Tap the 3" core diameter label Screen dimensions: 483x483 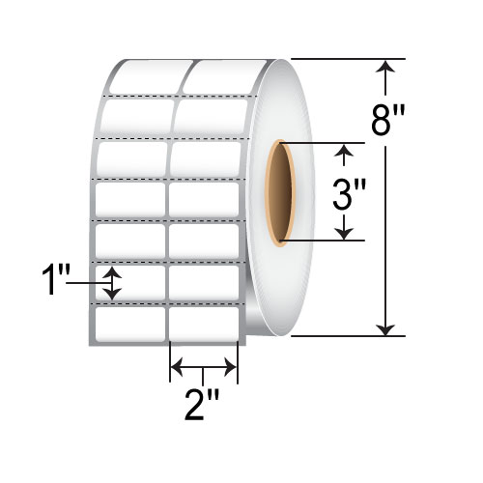click(346, 196)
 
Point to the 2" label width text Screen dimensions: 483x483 click(204, 399)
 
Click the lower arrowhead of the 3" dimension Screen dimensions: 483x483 click(345, 233)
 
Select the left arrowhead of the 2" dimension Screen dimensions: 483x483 click(176, 367)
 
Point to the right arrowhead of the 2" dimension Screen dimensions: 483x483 click(232, 367)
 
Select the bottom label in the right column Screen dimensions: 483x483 click(204, 321)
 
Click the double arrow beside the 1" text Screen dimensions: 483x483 click(113, 282)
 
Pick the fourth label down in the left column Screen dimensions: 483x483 click(131, 199)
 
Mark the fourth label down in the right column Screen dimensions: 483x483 click(204, 198)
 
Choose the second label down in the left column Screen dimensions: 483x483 click(137, 118)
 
